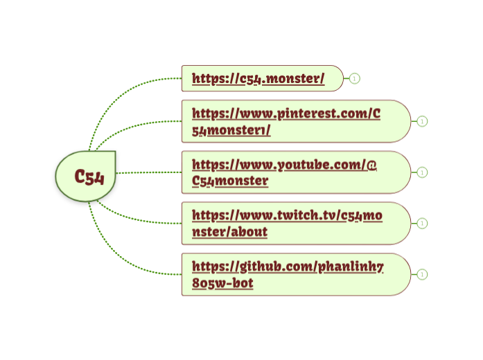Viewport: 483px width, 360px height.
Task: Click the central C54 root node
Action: pyautogui.click(x=86, y=177)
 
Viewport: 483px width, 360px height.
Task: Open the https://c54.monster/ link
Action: pyautogui.click(x=258, y=78)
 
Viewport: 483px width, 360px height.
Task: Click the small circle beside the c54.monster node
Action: pyautogui.click(x=355, y=78)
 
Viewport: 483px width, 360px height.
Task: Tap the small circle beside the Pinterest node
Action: pyautogui.click(x=423, y=121)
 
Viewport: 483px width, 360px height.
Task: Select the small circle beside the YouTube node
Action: pyautogui.click(x=423, y=172)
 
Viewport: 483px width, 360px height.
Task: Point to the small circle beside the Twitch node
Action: pyautogui.click(x=423, y=224)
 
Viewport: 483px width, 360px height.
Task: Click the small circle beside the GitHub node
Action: pyautogui.click(x=423, y=274)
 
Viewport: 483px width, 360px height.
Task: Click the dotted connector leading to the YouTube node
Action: pyautogui.click(x=149, y=172)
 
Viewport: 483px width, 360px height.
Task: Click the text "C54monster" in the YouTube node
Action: pyautogui.click(x=230, y=181)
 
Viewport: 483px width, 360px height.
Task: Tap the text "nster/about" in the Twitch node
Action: pyautogui.click(x=229, y=232)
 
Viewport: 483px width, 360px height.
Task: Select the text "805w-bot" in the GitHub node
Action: pyautogui.click(x=222, y=282)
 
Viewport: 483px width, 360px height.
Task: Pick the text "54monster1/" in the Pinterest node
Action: pyautogui.click(x=231, y=129)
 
